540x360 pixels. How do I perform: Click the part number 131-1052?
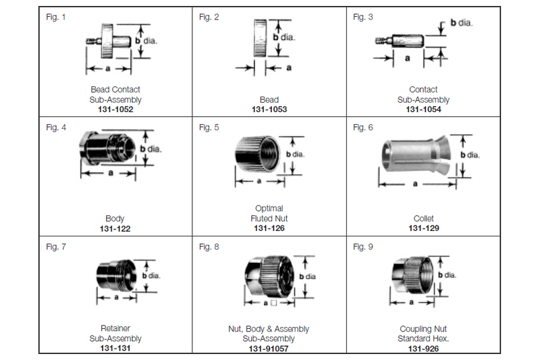coord(115,110)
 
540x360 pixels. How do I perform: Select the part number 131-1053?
coord(269,110)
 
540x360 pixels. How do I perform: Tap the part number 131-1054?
coord(423,110)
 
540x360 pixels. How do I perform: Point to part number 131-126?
coord(269,229)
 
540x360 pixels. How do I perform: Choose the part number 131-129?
coord(423,229)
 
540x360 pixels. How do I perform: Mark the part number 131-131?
coord(115,349)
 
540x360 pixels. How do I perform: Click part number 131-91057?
coord(269,349)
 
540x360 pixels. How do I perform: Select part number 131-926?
coord(423,349)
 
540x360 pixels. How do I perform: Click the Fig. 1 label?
coord(55,16)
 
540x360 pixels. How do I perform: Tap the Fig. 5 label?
coord(209,128)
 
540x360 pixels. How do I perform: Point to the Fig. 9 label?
coord(363,247)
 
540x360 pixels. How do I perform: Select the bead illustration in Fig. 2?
coord(260,38)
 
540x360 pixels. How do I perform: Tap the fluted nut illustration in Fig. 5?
coord(258,155)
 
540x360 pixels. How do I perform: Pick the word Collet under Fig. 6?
coord(423,219)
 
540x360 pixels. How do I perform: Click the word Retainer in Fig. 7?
coord(115,329)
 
